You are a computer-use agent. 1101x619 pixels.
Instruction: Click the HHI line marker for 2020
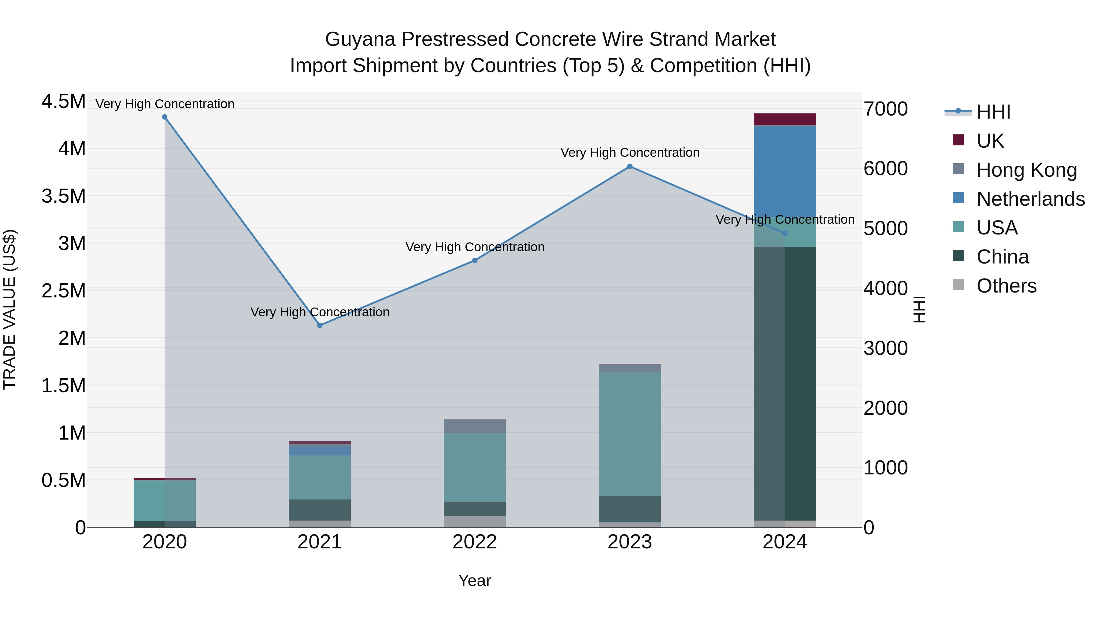tap(165, 117)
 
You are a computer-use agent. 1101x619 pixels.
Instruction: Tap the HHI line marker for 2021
tap(320, 325)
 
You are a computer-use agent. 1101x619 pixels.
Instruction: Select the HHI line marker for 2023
tap(630, 167)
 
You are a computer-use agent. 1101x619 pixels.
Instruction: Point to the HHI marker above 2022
tap(474, 260)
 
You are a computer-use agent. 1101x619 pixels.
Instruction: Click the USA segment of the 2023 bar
tap(630, 433)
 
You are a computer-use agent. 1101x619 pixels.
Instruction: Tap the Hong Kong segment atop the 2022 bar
tap(474, 426)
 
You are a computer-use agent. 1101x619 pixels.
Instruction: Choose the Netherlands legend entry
tap(1030, 199)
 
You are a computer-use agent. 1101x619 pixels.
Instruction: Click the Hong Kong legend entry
tap(1026, 170)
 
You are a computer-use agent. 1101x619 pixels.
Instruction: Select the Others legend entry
tap(1006, 286)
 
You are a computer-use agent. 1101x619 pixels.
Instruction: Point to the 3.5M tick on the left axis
tap(63, 196)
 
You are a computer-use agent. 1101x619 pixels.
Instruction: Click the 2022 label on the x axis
tap(474, 542)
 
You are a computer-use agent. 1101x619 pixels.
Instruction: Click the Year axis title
tap(474, 580)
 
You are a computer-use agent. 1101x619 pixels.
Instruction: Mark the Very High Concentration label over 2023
tap(630, 153)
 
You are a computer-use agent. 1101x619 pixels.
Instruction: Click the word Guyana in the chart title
tap(360, 39)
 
